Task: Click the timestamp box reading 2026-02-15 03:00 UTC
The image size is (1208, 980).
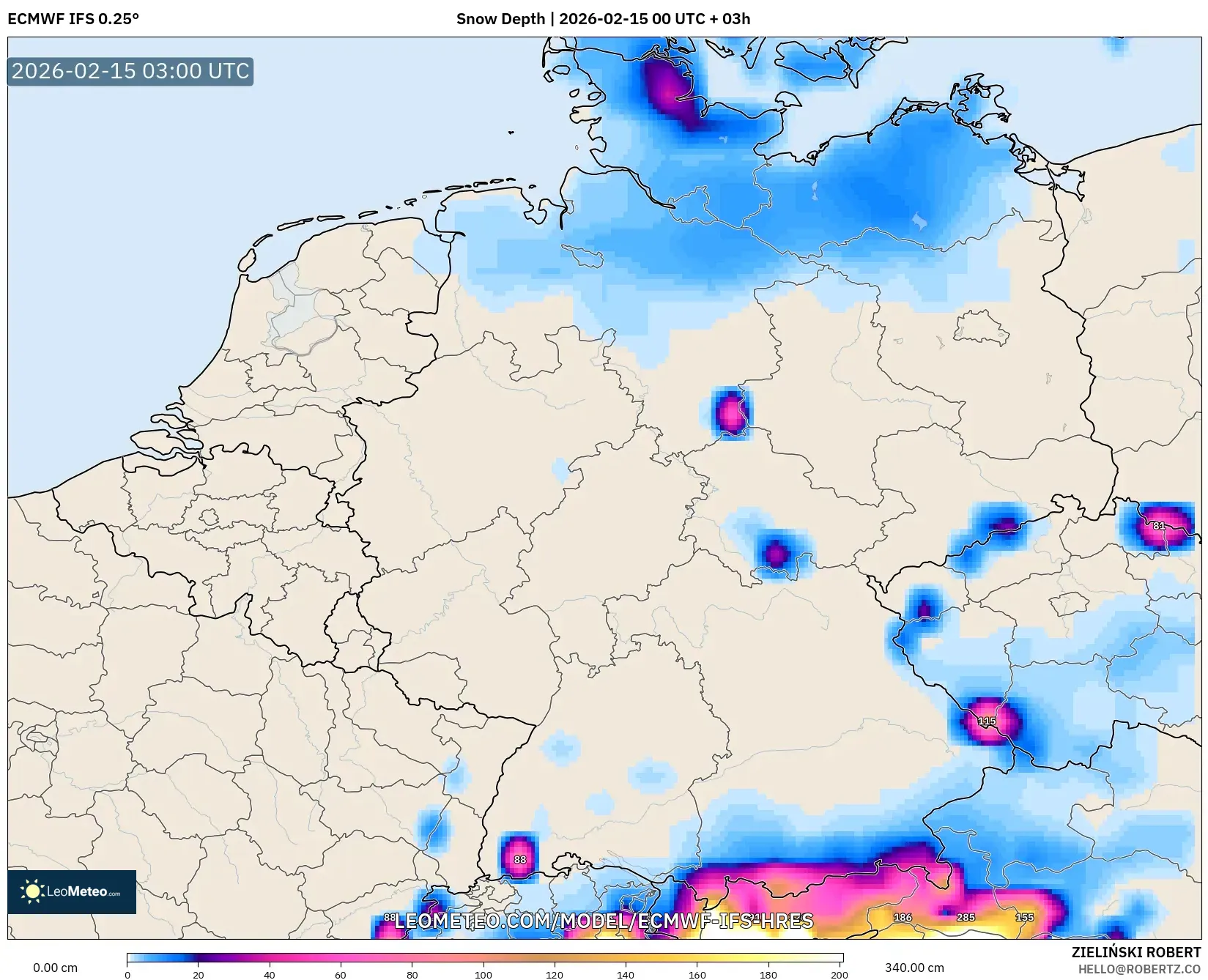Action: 130,71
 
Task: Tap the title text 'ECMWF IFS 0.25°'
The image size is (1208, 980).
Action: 73,19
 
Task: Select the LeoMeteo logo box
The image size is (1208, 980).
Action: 72,891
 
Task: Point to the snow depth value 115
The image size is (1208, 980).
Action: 987,721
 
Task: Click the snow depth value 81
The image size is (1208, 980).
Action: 1159,526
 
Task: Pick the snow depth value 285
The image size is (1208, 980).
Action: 966,917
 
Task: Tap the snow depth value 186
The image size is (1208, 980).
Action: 903,917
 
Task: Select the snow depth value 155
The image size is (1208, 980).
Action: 1024,917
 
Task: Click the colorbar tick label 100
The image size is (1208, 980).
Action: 483,975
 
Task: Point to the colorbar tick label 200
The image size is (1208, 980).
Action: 840,975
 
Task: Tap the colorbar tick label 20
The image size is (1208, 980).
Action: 199,975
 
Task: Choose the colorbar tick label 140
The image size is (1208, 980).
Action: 626,975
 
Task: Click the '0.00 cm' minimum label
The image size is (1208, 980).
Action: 56,968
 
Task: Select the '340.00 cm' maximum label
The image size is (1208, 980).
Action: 914,968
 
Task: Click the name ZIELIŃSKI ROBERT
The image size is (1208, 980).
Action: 1136,952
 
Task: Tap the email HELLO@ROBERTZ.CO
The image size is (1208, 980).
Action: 1139,969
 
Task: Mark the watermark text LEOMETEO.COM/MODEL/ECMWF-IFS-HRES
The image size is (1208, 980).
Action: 604,921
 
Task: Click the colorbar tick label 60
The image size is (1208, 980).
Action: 341,975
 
